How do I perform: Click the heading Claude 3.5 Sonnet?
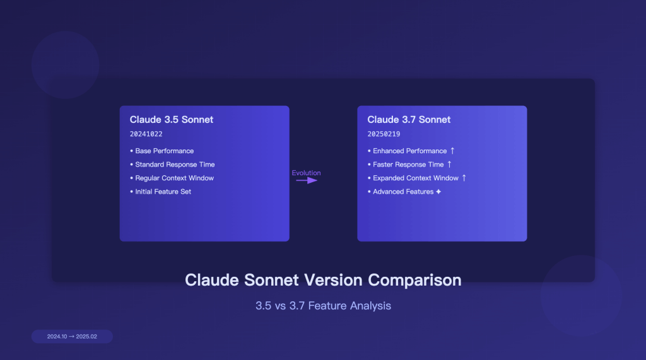(172, 120)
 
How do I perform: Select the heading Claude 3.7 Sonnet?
(409, 120)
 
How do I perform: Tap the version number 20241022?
(146, 134)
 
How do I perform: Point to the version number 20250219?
(384, 134)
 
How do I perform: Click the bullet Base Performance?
(164, 151)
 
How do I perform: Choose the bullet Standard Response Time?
(175, 165)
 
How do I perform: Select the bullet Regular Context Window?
(174, 178)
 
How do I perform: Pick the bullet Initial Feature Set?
(163, 192)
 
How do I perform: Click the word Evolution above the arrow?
(306, 173)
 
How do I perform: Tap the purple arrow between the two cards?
(307, 180)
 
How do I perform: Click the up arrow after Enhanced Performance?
(452, 151)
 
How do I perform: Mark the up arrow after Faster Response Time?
(449, 165)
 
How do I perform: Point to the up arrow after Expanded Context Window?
(464, 178)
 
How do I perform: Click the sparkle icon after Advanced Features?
(438, 192)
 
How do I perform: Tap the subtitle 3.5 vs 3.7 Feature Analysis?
(323, 306)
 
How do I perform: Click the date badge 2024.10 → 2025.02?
(72, 337)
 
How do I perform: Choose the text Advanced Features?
(403, 192)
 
